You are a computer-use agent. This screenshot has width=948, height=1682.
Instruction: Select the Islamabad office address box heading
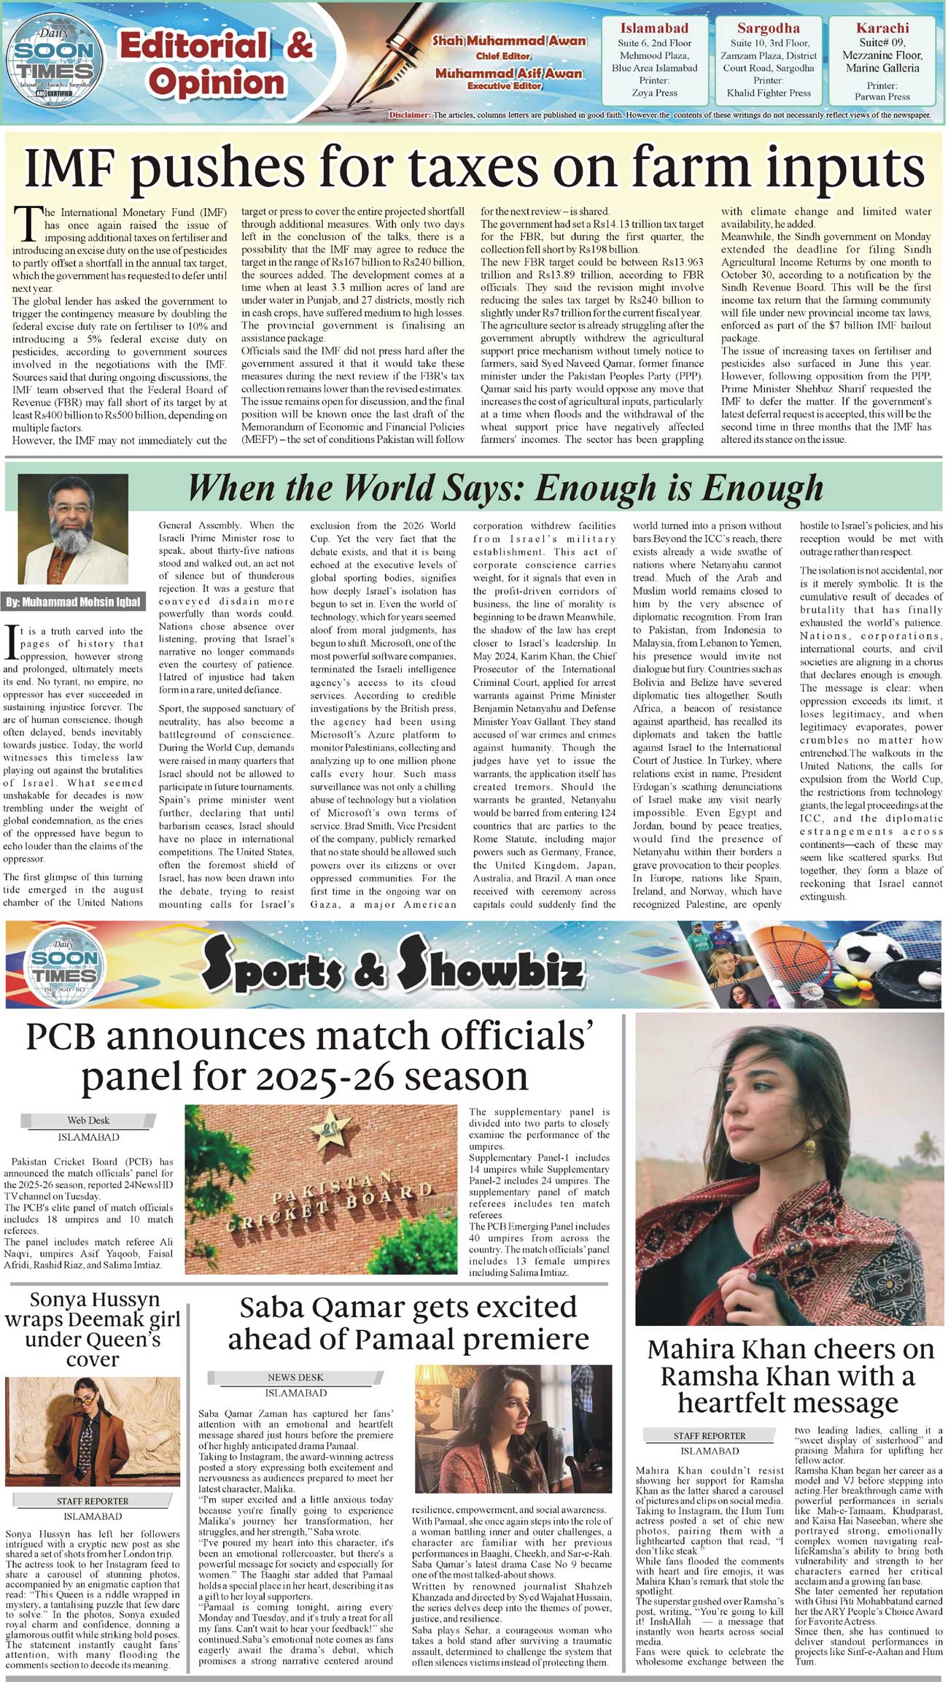pyautogui.click(x=653, y=28)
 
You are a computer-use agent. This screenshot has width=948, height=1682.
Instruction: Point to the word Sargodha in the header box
pyautogui.click(x=768, y=28)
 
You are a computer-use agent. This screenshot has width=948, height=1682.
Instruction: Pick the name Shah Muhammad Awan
pyautogui.click(x=509, y=41)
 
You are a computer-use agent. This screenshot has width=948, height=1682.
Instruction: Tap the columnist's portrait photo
pyautogui.click(x=73, y=529)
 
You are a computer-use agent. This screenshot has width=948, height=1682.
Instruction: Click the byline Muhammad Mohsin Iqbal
pyautogui.click(x=73, y=603)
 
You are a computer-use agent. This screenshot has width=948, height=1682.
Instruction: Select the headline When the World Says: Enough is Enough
pyautogui.click(x=505, y=488)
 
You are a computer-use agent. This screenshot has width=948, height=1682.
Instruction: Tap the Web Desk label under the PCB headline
pyautogui.click(x=88, y=1120)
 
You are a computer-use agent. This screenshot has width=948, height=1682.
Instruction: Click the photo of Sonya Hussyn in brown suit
pyautogui.click(x=92, y=1430)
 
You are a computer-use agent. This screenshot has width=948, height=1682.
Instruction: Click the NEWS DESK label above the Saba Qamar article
pyautogui.click(x=295, y=1377)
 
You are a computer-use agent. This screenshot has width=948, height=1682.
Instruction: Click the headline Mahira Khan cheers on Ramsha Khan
pyautogui.click(x=790, y=1376)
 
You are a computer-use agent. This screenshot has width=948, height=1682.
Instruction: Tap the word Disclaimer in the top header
pyautogui.click(x=411, y=115)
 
